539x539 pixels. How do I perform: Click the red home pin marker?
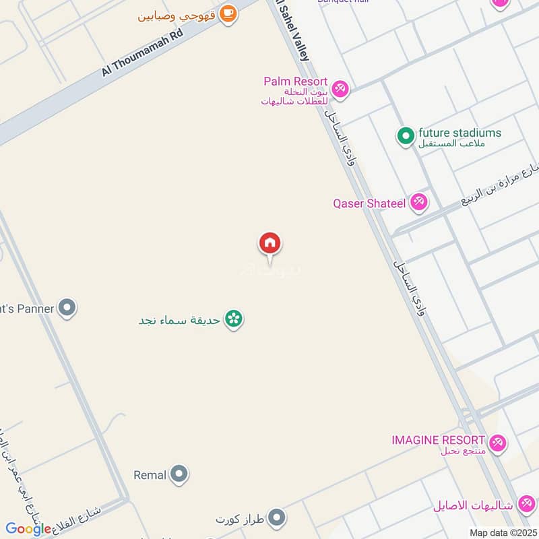click(x=270, y=243)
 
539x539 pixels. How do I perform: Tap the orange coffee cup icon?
click(x=228, y=13)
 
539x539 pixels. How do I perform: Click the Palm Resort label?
click(x=295, y=82)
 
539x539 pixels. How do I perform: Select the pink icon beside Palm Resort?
click(x=341, y=89)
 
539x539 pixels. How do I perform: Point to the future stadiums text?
click(x=459, y=133)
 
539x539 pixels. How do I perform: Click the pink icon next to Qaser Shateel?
click(x=419, y=201)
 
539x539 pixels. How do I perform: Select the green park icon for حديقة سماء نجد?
click(x=234, y=319)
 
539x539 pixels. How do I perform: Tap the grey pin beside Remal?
click(x=179, y=474)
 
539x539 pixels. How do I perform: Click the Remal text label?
click(x=150, y=475)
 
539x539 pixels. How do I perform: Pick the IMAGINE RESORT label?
click(x=438, y=440)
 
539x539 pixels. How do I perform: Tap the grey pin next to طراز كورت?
click(x=276, y=518)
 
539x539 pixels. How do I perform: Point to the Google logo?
click(x=28, y=529)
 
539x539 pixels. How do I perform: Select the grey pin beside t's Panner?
click(x=67, y=309)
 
